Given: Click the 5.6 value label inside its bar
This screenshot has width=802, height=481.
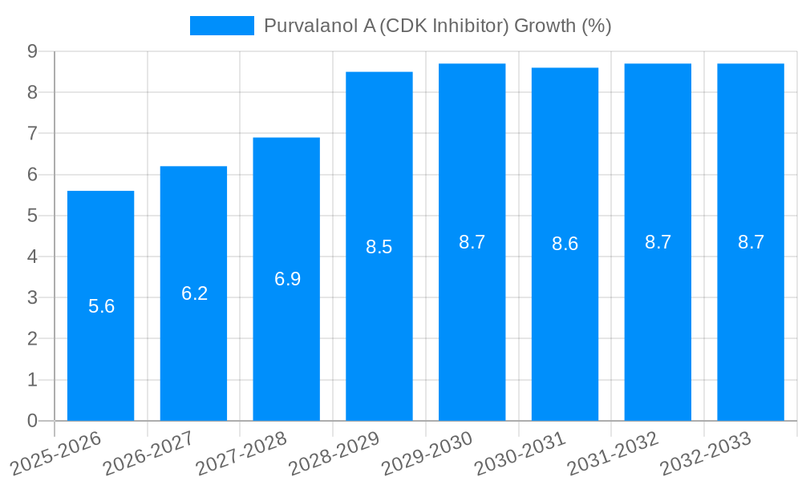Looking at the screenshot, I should pos(101,306).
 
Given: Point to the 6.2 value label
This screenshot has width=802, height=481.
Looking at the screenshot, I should pos(194,293).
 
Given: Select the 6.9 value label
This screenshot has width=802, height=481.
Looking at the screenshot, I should pos(287,279).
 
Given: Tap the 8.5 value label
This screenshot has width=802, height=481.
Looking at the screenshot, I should pos(379,247).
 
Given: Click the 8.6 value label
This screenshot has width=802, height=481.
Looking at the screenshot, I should pos(565,245).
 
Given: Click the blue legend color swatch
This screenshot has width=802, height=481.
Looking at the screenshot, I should pos(221,26).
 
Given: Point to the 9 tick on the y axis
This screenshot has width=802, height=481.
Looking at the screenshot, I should pos(32,51).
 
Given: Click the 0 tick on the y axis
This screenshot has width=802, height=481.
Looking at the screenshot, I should pos(32,421).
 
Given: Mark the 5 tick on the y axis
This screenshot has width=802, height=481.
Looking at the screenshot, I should pos(32,216).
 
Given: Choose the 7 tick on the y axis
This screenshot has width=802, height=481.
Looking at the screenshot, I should pos(32,133).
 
